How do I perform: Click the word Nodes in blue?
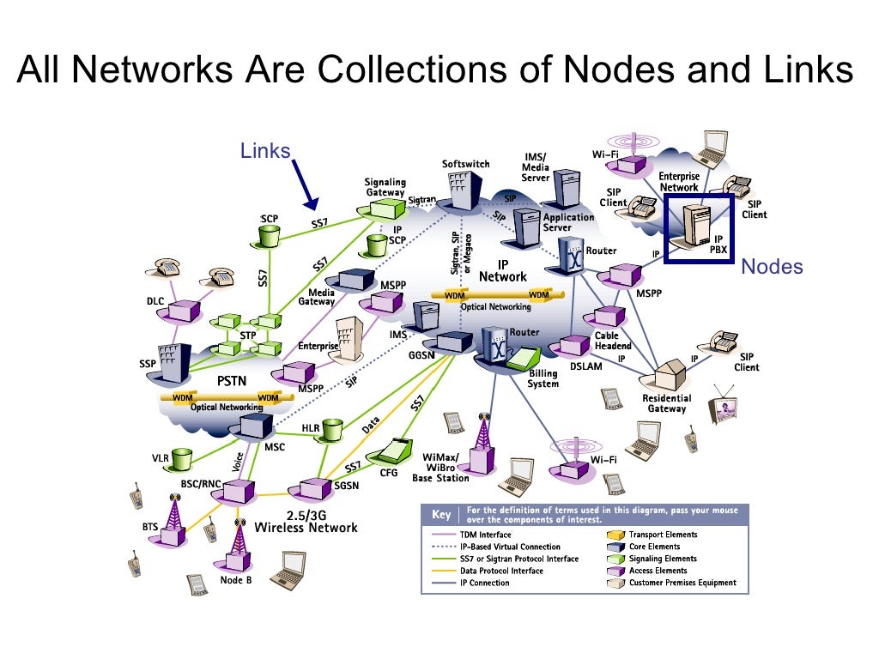click(772, 267)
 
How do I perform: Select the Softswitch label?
click(465, 164)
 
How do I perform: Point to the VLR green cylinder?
click(182, 459)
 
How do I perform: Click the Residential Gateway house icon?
click(667, 375)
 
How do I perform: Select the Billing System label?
click(543, 378)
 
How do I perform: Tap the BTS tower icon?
click(175, 523)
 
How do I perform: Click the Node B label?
click(236, 580)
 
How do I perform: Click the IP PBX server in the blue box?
click(692, 225)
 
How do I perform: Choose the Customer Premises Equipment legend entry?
click(682, 583)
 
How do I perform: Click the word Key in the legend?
click(440, 516)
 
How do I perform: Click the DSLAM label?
click(586, 366)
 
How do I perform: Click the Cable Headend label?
click(613, 341)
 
